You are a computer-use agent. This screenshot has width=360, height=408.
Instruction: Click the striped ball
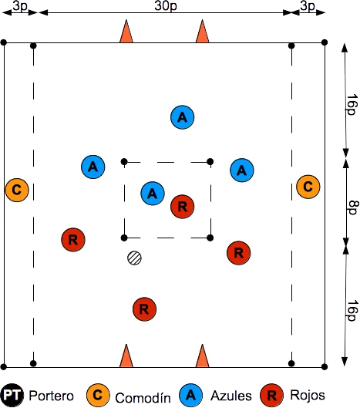pyautogui.click(x=134, y=258)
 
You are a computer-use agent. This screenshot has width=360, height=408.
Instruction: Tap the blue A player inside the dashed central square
pyautogui.click(x=153, y=194)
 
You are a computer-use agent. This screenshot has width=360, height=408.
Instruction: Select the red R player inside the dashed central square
pyautogui.click(x=183, y=207)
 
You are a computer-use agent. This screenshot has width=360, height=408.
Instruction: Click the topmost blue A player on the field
pyautogui.click(x=183, y=117)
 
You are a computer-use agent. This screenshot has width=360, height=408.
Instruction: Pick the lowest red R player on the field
pyautogui.click(x=144, y=309)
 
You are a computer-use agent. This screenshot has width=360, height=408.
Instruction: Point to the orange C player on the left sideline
pyautogui.click(x=17, y=190)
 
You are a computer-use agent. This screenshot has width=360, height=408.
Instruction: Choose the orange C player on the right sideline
pyautogui.click(x=308, y=187)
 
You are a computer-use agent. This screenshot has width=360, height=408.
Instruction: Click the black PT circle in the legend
pyautogui.click(x=12, y=396)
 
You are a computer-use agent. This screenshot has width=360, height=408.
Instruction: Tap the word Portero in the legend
pyautogui.click(x=51, y=396)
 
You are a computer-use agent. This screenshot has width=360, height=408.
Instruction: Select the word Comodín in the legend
pyautogui.click(x=143, y=398)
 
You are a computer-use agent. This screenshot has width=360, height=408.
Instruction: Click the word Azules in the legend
pyautogui.click(x=231, y=396)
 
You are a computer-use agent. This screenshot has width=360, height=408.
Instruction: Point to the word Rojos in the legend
pyautogui.click(x=308, y=395)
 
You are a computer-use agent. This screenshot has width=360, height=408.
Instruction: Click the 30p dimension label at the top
pyautogui.click(x=166, y=5)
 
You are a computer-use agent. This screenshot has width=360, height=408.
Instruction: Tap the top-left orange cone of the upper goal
pyautogui.click(x=126, y=31)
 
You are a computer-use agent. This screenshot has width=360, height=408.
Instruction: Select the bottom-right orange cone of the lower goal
pyautogui.click(x=203, y=356)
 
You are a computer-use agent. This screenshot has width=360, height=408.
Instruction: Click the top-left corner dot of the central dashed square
pyautogui.click(x=124, y=162)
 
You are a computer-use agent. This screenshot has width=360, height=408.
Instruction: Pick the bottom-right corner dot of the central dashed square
pyautogui.click(x=210, y=238)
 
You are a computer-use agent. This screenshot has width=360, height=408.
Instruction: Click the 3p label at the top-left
pyautogui.click(x=20, y=6)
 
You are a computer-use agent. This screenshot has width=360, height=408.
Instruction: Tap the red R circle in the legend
pyautogui.click(x=272, y=396)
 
